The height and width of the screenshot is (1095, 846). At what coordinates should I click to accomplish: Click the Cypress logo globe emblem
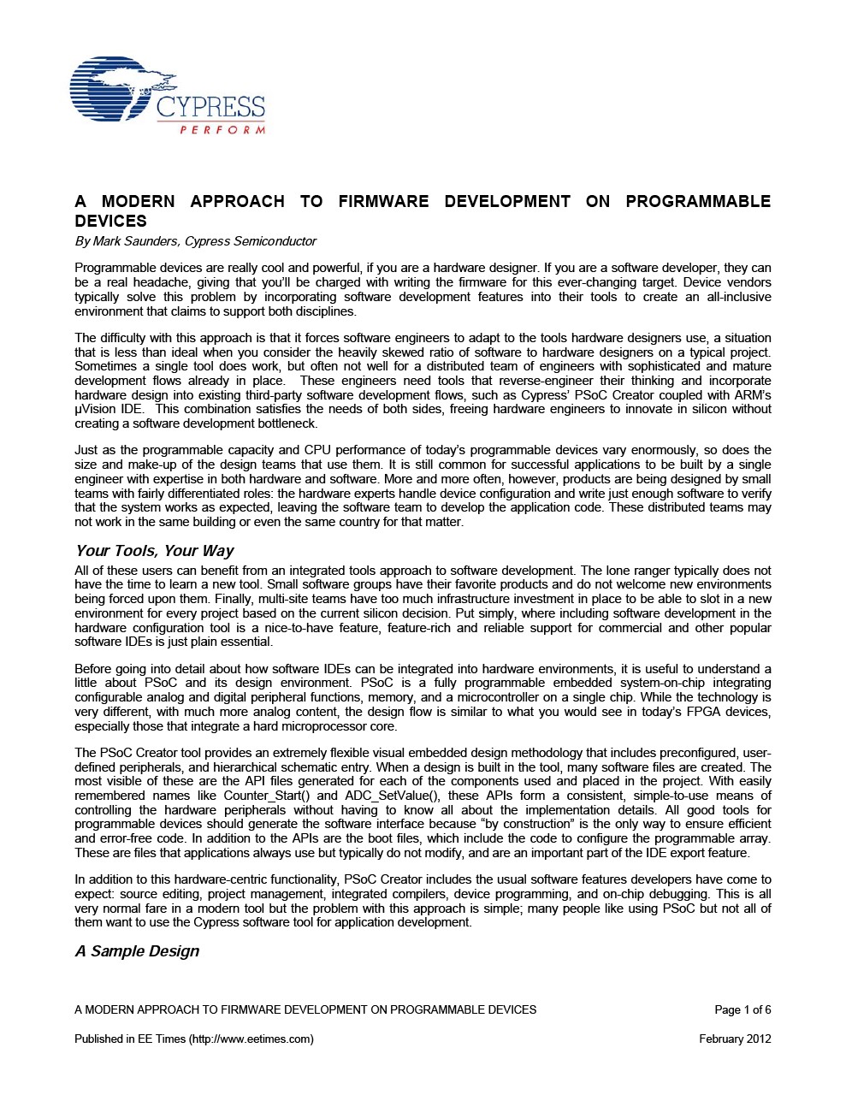tap(111, 90)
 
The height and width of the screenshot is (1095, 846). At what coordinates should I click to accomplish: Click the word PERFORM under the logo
tap(222, 130)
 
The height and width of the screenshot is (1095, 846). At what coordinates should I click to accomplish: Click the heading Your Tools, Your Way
tap(154, 551)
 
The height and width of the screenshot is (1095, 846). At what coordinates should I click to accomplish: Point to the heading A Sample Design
tap(137, 951)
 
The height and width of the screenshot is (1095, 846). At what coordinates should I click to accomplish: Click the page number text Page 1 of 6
tap(742, 1009)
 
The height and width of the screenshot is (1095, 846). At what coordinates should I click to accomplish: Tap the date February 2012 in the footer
tap(735, 1039)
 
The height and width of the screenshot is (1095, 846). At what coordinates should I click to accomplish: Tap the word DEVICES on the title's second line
tap(111, 221)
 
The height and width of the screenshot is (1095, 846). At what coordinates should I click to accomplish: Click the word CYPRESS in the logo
tap(210, 108)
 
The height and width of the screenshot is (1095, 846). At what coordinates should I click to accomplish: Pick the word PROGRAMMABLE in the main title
tap(698, 202)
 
